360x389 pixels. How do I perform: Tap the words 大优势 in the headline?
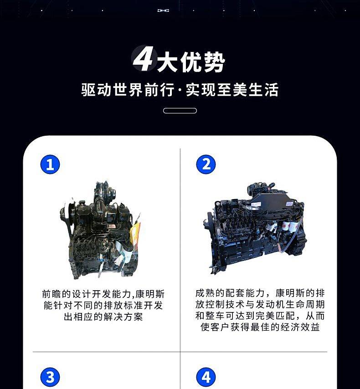coord(191,62)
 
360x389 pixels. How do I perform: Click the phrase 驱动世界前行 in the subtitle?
coord(127,90)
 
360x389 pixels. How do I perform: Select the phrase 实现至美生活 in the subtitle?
coord(232,90)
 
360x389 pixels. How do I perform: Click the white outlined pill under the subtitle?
coord(180,111)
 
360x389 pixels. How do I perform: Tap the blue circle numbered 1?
coord(50,164)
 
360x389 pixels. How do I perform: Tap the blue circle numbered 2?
coord(206,164)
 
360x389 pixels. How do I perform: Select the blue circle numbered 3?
coord(50,377)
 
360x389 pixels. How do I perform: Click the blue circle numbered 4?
coord(206,377)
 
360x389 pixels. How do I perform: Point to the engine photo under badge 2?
coord(256,228)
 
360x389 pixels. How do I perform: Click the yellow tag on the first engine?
coord(135,233)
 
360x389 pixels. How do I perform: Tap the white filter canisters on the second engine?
coord(290,227)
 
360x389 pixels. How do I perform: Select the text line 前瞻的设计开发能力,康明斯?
coord(103,294)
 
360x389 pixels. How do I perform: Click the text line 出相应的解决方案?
coord(103,317)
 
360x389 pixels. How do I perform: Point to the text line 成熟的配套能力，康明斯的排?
coord(260,293)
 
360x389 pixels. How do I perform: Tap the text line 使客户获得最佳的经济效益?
coord(260,327)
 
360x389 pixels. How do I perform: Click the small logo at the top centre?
coord(163,10)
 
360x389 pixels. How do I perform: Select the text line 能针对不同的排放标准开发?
coord(103,305)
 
